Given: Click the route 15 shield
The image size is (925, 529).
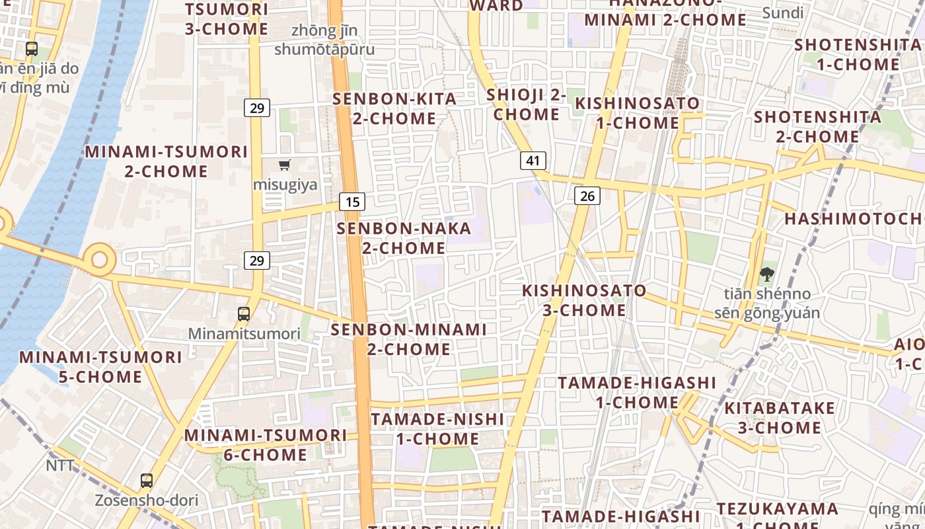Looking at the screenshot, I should (352, 202).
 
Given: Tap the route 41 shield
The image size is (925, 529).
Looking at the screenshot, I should (533, 160).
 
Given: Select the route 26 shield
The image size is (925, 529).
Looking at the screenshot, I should (587, 195).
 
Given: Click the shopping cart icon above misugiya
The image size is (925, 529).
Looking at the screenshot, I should (285, 165).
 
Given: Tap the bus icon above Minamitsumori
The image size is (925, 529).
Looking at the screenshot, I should (244, 314).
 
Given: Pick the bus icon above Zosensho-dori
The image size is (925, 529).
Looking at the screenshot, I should (147, 481).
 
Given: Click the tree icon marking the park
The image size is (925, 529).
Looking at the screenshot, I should (767, 274).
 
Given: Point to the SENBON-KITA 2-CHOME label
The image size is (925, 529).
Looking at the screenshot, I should (394, 108).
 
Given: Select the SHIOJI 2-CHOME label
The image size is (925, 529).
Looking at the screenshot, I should (527, 104).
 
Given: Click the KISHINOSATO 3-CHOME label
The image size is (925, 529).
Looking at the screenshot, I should (584, 300).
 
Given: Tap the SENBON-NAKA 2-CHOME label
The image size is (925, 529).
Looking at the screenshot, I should (404, 238).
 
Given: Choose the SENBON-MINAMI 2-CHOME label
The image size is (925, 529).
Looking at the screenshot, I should (408, 339).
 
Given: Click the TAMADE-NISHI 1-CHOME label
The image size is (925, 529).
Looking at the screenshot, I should (437, 428).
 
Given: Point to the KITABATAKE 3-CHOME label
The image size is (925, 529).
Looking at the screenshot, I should (780, 418).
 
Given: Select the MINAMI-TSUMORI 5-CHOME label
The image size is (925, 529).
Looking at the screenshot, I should (100, 367).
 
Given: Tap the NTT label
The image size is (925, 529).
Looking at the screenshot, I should (60, 466).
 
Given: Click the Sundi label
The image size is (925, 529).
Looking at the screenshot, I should (782, 13).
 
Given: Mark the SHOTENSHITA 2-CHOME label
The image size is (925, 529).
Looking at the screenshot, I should (817, 126).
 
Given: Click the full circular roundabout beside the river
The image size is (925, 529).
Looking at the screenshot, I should (100, 259).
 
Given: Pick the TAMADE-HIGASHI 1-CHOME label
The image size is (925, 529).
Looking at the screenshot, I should (637, 392).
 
